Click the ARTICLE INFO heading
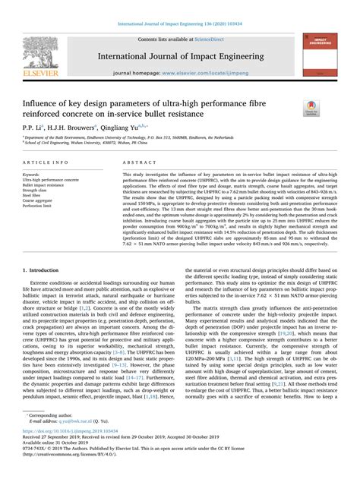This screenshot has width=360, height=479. (x=44, y=162)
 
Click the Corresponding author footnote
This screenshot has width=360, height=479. (x=53, y=415)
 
